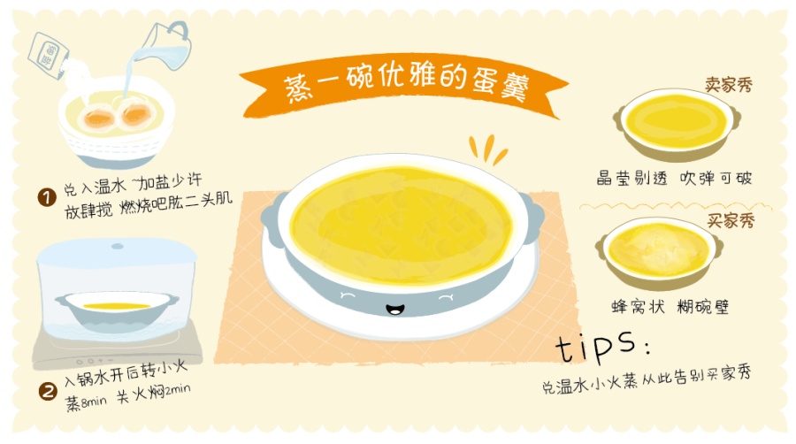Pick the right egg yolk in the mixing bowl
click(x=134, y=113)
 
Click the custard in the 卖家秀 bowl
click(x=674, y=121)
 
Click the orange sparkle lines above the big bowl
click(x=487, y=150)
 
